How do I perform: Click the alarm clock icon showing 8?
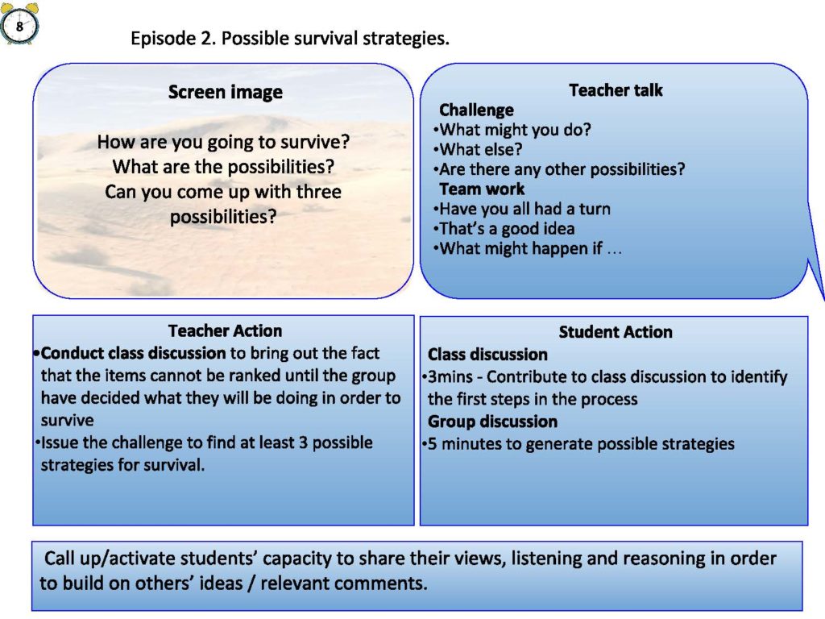[x=19, y=23]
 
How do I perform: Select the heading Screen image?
[x=226, y=92]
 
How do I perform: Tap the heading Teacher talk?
[x=616, y=90]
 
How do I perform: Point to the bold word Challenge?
[x=476, y=110]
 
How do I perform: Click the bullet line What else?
[x=478, y=149]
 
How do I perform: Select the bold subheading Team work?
[x=482, y=189]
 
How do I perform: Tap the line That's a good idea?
[x=504, y=228]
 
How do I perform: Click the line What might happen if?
[x=527, y=248]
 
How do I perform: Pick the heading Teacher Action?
[x=226, y=330]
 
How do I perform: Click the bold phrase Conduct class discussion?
[x=133, y=353]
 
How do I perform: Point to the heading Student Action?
[x=616, y=331]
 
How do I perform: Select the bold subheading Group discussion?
[x=492, y=422]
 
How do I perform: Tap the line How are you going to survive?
[x=224, y=142]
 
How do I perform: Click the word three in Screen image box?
[x=319, y=192]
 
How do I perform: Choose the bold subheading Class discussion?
[x=487, y=355]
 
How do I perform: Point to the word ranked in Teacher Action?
[x=291, y=376]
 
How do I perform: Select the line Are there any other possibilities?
[x=559, y=169]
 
